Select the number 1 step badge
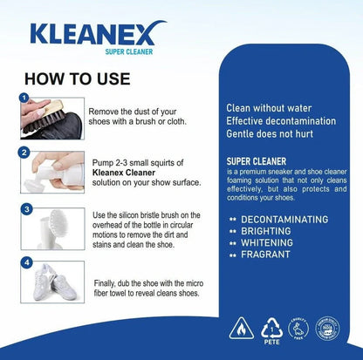(x=25, y=98)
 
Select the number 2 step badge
(x=25, y=153)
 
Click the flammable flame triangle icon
(x=241, y=328)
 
